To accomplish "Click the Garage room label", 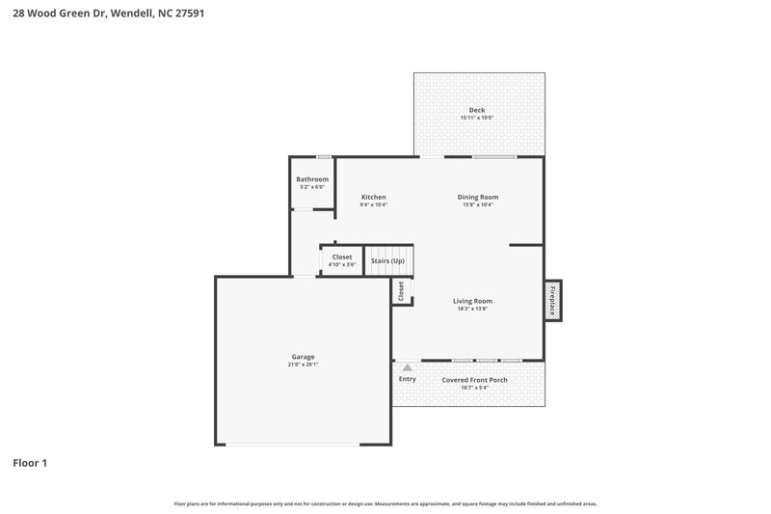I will coord(303,357).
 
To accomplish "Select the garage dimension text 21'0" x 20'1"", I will coord(303,365).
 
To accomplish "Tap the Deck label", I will coord(477,110).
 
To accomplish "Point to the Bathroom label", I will coord(312,179).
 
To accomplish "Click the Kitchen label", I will coord(373,197).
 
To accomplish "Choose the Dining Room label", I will coord(477,197).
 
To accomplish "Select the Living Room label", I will coord(472,301).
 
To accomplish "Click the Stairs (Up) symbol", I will coord(387,260).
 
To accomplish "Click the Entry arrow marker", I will coord(407,367).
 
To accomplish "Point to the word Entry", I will coord(407,379).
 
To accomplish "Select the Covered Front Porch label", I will coord(474,380).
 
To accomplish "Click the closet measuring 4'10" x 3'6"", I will coord(341,259).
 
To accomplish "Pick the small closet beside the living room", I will coord(401,290).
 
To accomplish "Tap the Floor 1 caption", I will coord(30,463).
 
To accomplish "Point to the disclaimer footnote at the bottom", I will coord(385,503).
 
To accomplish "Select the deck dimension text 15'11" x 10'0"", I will coord(477,118).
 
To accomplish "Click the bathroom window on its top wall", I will coord(325,156).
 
